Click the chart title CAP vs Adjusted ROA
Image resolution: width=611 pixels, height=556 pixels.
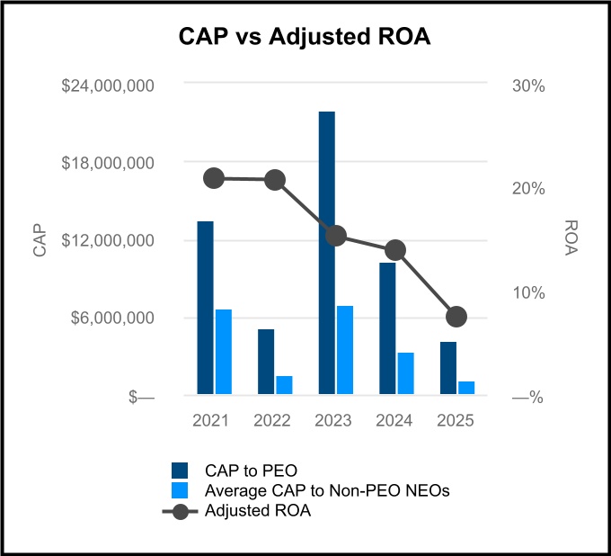305,37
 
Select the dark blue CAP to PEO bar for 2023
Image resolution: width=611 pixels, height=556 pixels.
326,253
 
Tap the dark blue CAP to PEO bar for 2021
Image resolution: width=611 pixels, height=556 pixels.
206,308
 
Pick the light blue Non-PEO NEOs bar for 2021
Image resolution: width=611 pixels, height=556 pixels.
223,352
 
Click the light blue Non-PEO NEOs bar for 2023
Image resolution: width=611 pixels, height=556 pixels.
344,350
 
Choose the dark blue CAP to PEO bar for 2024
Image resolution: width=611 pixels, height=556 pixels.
387,328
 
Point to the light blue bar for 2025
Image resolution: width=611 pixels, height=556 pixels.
465,388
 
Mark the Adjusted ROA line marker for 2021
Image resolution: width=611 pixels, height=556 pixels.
214,178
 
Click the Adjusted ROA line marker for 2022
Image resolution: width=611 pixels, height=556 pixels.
275,180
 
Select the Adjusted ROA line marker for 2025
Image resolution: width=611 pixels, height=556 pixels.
456,316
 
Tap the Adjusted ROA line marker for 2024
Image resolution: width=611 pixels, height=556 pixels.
395,250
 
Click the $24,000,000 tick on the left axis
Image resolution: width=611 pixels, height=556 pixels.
108,86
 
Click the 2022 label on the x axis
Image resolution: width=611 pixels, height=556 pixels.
271,421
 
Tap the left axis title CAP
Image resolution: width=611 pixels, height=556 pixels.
40,241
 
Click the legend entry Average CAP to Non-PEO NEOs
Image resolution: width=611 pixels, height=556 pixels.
326,491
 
